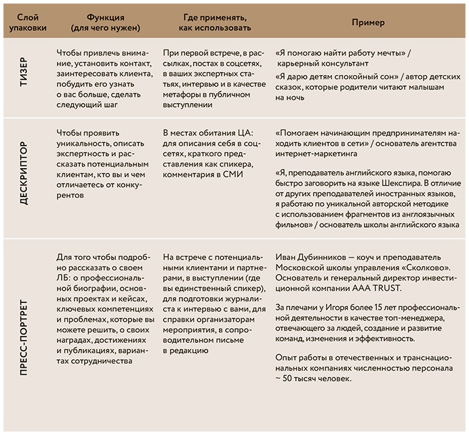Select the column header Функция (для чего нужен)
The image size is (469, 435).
click(104, 22)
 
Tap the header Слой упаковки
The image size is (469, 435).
click(26, 22)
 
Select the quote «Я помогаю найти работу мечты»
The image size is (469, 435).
click(343, 52)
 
